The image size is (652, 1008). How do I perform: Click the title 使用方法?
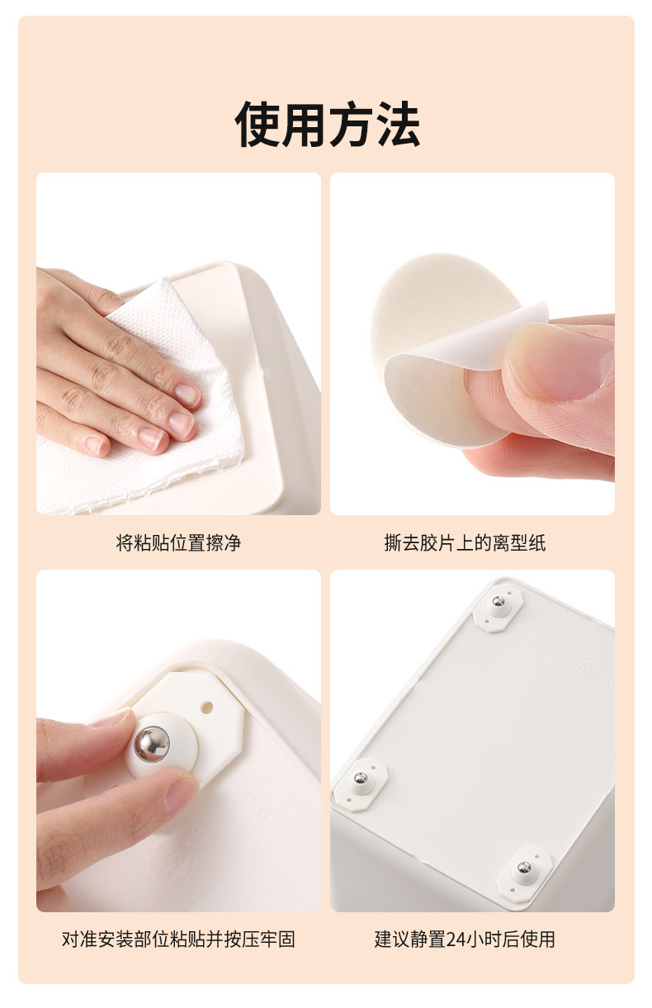coord(327,123)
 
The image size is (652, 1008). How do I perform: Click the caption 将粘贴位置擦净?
coord(178,542)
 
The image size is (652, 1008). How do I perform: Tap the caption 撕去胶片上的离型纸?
coord(465,542)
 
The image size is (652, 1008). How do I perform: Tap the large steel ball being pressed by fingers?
coord(152,745)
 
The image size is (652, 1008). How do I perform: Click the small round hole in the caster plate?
coord(207,707)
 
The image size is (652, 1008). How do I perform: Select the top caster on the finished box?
coord(498,608)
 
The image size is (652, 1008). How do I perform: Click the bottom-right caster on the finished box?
coord(524,868)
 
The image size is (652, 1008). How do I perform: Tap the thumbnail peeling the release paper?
coord(560,362)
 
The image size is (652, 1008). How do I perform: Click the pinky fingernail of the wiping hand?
coord(95,446)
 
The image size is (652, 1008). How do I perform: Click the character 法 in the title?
coord(397,123)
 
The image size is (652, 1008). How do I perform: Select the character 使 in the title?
coord(257,123)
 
